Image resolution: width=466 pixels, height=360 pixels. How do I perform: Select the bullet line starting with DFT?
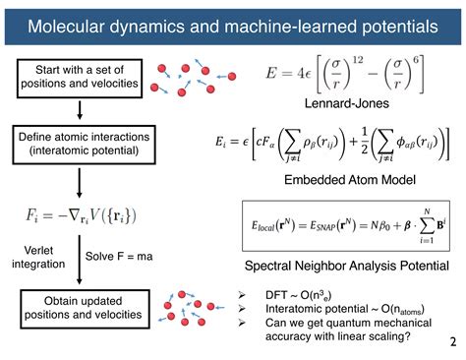pyautogui.click(x=296, y=294)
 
